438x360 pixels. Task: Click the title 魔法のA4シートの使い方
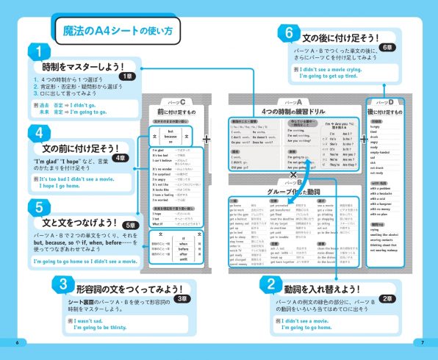[x=115, y=31]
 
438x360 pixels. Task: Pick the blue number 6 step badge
[x=289, y=32]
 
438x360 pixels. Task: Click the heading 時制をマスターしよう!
[x=68, y=67]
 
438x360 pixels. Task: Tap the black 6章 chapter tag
[x=389, y=47]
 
